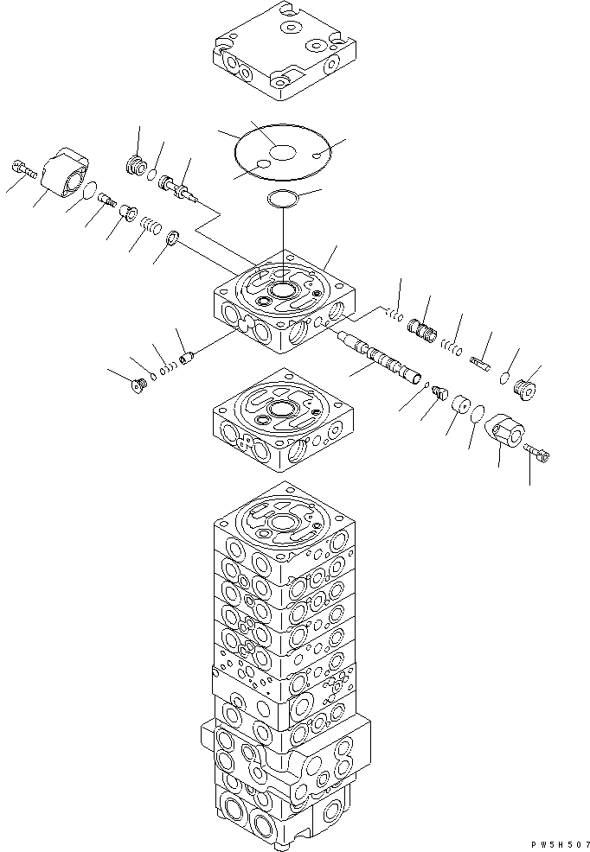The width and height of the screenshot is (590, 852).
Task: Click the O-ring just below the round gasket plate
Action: (x=283, y=198)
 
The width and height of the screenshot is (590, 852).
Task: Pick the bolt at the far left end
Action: (x=22, y=168)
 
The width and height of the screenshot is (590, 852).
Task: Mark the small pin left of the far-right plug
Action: (x=482, y=363)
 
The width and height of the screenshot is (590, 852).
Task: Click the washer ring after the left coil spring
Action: (x=172, y=238)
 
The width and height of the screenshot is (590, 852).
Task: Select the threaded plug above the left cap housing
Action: (x=134, y=163)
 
